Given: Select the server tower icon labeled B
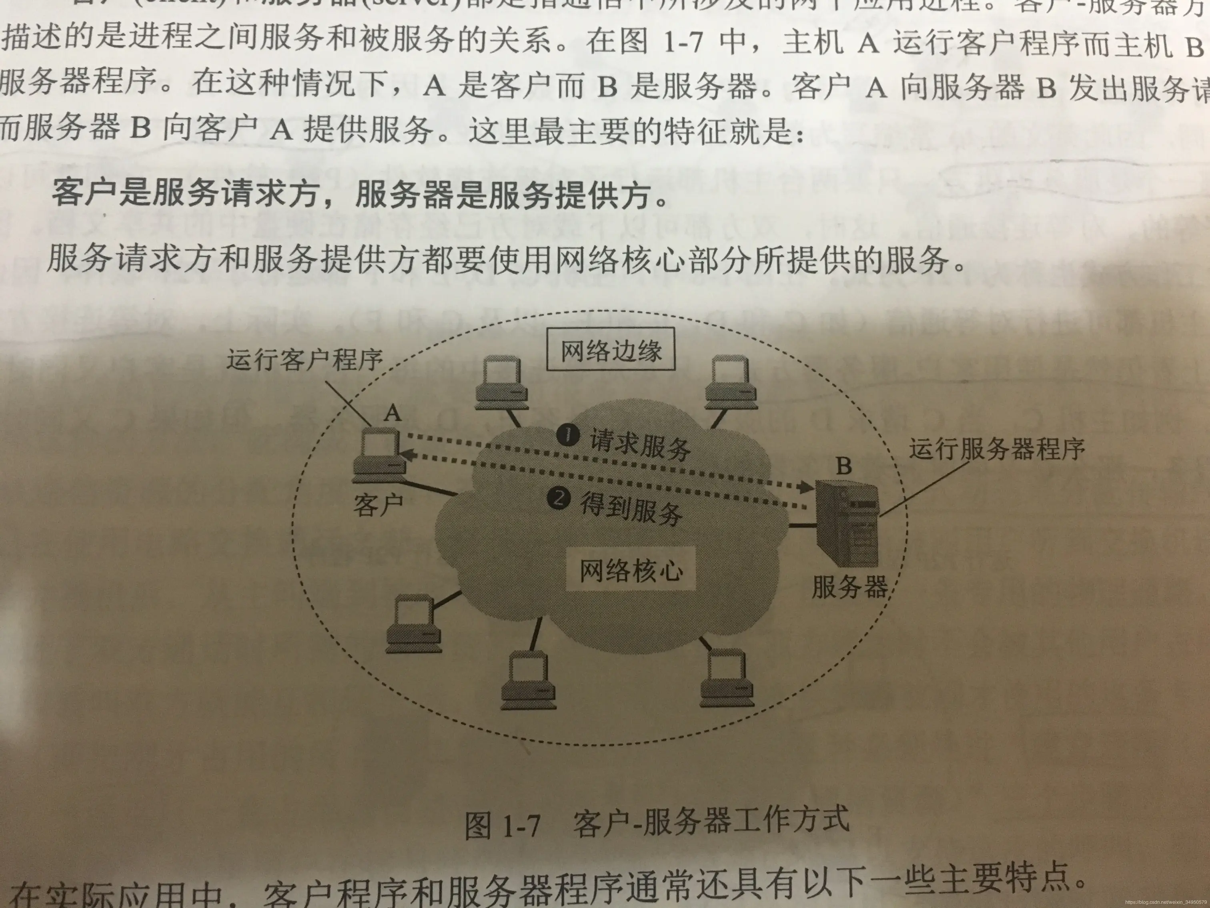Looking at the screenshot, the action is [847, 523].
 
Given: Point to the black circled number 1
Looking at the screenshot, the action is [568, 436].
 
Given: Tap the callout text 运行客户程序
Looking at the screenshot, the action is [305, 359].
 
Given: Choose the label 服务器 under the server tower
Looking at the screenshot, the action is [849, 587].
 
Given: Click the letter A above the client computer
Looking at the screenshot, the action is [392, 412].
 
